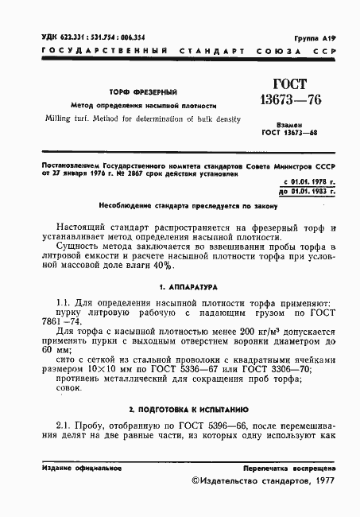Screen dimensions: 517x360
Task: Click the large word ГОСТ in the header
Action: [x=289, y=85]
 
